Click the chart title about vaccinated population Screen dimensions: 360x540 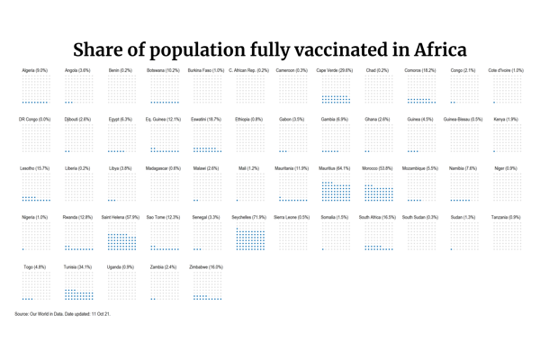click(x=270, y=49)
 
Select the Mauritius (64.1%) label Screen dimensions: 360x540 click(x=335, y=168)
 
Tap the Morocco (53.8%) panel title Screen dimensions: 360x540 click(x=378, y=168)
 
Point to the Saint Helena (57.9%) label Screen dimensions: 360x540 click(x=121, y=217)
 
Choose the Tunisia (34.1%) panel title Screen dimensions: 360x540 click(x=77, y=266)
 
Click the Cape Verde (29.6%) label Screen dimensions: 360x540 click(x=335, y=70)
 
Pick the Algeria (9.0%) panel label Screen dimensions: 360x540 click(x=35, y=70)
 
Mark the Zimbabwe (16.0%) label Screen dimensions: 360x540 click(x=207, y=266)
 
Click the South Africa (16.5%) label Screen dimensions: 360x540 click(x=377, y=217)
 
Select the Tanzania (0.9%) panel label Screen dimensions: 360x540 click(x=506, y=217)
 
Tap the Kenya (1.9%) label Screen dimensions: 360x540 click(x=506, y=119)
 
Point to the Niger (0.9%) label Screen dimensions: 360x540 click(x=506, y=168)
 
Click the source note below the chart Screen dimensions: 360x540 click(x=63, y=313)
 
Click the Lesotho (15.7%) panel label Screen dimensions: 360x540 click(x=35, y=168)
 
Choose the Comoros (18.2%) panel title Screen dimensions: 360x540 click(x=420, y=70)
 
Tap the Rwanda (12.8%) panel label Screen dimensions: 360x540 click(x=77, y=217)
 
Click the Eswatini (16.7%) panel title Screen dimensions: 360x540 click(x=206, y=119)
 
